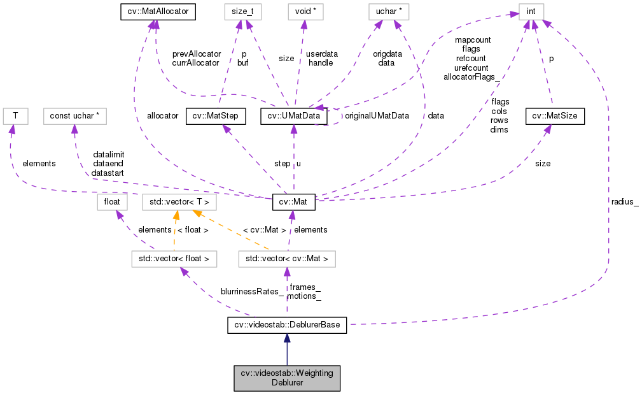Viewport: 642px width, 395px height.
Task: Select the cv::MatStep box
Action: [x=216, y=116]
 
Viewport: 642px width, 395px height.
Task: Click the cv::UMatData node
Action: [x=294, y=116]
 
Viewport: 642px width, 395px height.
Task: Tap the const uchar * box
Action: [x=74, y=116]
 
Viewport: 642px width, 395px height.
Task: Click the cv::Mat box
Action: [x=293, y=202]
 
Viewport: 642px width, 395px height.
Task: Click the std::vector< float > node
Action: [x=174, y=259]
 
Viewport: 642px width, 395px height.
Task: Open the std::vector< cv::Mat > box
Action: [x=286, y=259]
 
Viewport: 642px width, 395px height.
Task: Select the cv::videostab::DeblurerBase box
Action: [x=286, y=326]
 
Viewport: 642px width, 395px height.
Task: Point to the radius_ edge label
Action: [x=625, y=202]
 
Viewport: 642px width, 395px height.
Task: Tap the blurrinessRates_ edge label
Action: [x=252, y=292]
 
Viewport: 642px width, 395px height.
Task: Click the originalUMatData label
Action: [x=377, y=116]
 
